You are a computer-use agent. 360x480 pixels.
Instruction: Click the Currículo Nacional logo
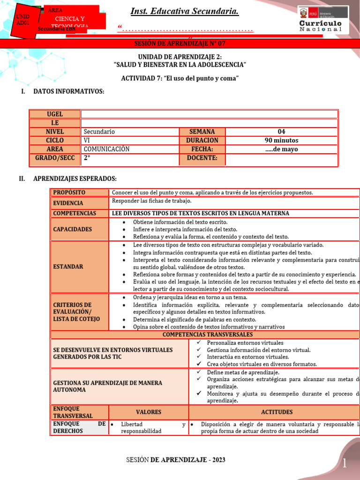(x=323, y=20)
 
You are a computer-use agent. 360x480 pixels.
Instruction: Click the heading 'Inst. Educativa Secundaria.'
(x=184, y=11)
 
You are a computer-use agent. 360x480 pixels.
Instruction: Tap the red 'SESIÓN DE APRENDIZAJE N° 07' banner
(x=180, y=43)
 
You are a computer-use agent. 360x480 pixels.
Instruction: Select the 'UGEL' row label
(x=55, y=114)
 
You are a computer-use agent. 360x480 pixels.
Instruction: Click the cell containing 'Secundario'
(x=130, y=132)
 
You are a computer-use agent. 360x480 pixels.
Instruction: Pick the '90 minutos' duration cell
(x=281, y=140)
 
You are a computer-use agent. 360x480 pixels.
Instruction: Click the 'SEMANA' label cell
(x=202, y=132)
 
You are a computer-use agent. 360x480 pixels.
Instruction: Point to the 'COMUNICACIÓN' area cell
(x=130, y=149)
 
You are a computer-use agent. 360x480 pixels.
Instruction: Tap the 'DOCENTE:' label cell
(x=202, y=158)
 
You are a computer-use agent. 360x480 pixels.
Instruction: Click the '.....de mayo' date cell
(x=281, y=149)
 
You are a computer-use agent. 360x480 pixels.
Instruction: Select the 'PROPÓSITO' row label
(x=79, y=193)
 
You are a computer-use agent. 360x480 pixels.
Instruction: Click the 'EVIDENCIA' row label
(x=79, y=203)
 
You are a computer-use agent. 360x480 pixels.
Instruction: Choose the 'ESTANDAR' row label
(x=79, y=266)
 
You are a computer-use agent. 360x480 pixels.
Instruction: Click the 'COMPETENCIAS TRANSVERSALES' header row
(x=207, y=335)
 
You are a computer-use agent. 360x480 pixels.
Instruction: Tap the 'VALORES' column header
(x=148, y=412)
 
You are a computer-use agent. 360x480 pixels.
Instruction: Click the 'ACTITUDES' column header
(x=277, y=412)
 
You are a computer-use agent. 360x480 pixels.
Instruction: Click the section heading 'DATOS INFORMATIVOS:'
(x=69, y=91)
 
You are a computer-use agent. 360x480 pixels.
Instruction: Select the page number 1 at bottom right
(x=345, y=464)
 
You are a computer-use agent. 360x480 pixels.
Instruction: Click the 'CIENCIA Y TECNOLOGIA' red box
(x=69, y=21)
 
